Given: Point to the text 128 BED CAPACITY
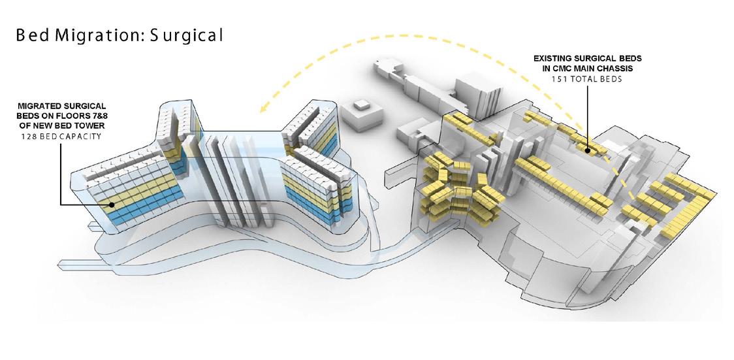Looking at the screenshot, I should tap(60, 136).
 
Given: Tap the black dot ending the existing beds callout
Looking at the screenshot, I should tap(588, 150).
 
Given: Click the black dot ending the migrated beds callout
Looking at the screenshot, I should tap(112, 205).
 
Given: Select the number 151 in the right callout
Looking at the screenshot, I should tap(558, 78).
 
